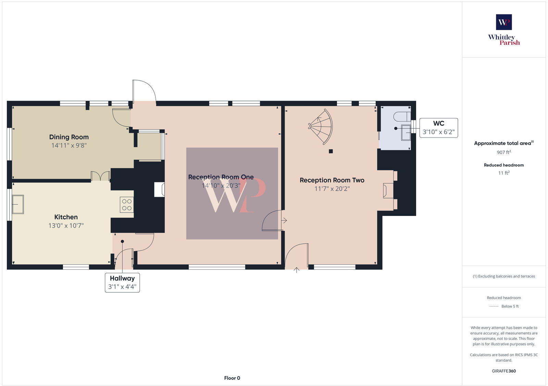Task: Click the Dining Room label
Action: [69, 137]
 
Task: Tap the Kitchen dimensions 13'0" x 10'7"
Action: [66, 226]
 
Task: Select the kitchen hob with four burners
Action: [127, 205]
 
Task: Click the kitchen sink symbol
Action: [18, 204]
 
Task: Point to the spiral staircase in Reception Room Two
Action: [321, 127]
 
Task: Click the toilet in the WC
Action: [401, 116]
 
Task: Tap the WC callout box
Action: [438, 128]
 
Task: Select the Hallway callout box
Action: [122, 282]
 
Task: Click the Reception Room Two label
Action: [332, 180]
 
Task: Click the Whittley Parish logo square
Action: [504, 22]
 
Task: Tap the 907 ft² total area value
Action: [504, 152]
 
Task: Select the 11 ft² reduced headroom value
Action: [504, 173]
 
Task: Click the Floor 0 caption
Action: [232, 378]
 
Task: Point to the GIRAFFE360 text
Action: [504, 371]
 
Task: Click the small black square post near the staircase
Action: [331, 151]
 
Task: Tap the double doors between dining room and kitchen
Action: [100, 176]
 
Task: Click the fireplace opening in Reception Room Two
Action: [388, 191]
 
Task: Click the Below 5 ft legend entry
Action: [510, 306]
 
